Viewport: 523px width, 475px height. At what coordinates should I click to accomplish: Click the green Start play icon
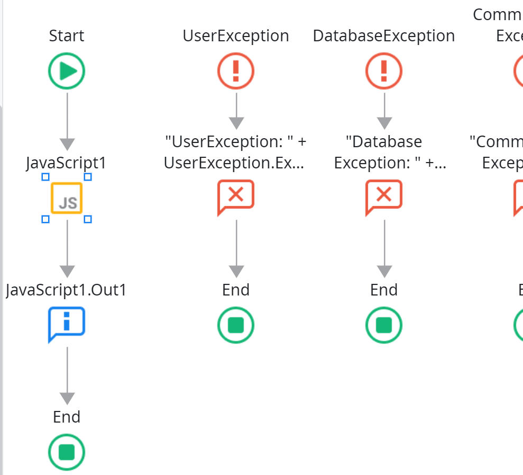coord(67,70)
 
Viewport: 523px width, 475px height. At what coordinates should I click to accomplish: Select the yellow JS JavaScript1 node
coord(67,198)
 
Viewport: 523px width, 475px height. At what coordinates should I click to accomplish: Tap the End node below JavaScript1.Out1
coord(67,452)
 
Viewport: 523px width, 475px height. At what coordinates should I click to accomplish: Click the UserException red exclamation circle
coord(236,70)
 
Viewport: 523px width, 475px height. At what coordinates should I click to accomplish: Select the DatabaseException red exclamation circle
coord(384,70)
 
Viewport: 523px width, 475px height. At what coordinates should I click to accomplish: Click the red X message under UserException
coord(236,196)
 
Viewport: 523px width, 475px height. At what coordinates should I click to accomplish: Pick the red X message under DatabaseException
coord(384,196)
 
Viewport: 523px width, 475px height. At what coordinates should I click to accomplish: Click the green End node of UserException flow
coord(236,325)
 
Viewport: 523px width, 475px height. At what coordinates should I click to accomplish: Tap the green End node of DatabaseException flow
coord(384,325)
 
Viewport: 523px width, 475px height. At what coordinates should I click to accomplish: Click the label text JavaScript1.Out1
coord(67,290)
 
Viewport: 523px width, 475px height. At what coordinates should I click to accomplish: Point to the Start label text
coord(67,36)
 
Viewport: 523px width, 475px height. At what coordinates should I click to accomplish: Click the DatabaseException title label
coord(384,36)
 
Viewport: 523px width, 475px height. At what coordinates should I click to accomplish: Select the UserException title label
coord(236,36)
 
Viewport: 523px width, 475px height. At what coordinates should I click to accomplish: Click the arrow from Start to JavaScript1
coord(67,119)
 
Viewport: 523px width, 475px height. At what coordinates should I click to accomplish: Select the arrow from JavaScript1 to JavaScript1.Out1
coord(67,246)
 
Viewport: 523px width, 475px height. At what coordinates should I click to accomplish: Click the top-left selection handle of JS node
coord(45,177)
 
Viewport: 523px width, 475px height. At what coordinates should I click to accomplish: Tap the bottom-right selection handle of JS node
coord(88,219)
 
